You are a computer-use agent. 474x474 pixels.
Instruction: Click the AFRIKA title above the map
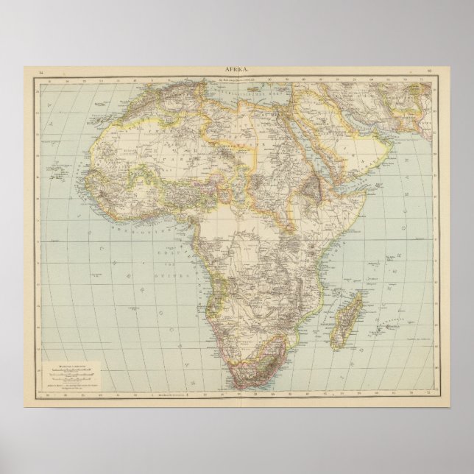click(x=237, y=69)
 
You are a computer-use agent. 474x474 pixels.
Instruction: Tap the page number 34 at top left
click(x=41, y=71)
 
